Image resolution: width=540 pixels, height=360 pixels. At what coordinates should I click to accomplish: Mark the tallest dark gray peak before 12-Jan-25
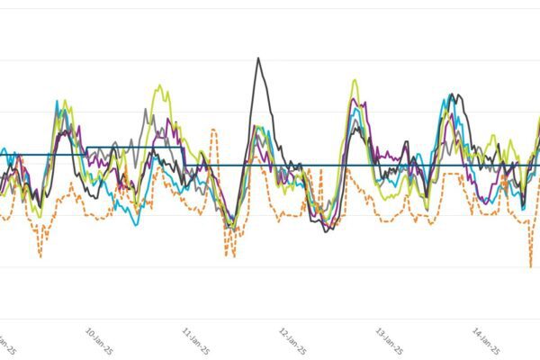258,58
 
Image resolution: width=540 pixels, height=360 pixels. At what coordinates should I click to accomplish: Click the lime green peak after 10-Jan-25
162,86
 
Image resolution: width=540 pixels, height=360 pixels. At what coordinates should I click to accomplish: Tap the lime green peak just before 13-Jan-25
354,80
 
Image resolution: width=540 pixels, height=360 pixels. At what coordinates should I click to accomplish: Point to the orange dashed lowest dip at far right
531,266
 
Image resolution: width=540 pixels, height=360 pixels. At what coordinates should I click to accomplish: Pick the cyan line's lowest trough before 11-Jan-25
135,223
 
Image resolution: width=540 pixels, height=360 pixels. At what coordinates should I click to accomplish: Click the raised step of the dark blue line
135,147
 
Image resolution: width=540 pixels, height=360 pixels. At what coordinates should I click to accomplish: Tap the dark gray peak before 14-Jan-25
459,94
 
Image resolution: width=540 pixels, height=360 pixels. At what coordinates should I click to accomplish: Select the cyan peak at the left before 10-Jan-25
57,103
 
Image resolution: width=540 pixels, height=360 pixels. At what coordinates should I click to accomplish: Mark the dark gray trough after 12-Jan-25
326,230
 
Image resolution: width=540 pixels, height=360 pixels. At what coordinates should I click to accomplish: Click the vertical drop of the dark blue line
184,156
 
